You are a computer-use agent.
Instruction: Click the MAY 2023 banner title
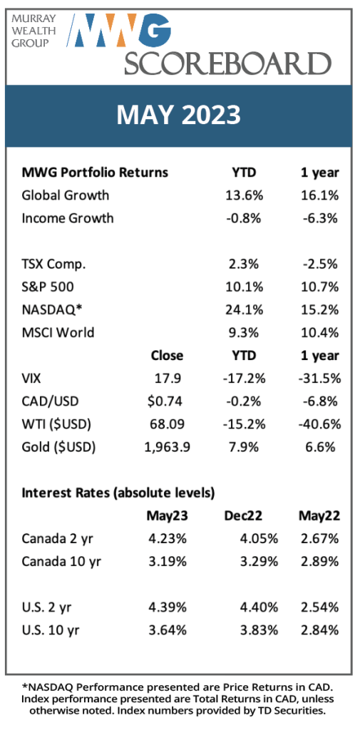pos(178,115)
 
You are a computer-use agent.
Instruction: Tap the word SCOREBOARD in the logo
pos(227,63)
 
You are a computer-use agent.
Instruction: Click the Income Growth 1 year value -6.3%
pos(321,218)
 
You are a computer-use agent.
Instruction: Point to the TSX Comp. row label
pos(54,264)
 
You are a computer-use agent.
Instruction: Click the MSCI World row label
pos(58,332)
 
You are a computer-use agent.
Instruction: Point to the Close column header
pos(168,356)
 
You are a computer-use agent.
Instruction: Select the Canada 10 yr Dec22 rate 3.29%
pos(258,562)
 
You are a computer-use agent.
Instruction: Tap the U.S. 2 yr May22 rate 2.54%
pos(319,607)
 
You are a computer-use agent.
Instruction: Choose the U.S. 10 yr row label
pos(51,630)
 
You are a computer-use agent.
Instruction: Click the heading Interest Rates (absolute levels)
pos(118,493)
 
